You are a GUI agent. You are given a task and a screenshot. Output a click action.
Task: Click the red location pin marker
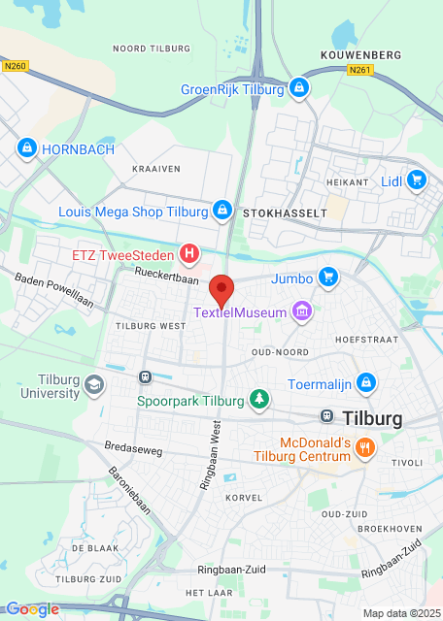(x=222, y=290)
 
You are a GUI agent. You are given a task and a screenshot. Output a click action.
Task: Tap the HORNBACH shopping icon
(x=26, y=148)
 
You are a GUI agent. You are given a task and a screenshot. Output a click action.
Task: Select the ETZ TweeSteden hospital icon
(x=190, y=255)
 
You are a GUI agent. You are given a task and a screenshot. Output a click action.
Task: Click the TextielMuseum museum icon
(x=303, y=311)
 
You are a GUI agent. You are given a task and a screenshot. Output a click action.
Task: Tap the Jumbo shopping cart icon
(x=328, y=278)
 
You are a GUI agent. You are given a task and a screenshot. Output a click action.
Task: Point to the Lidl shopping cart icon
(x=417, y=180)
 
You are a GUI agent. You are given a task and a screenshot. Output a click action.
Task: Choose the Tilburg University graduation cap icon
(x=94, y=384)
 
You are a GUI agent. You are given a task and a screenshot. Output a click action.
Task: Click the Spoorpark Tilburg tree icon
(x=257, y=398)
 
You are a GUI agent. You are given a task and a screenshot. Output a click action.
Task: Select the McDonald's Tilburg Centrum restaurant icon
(x=365, y=447)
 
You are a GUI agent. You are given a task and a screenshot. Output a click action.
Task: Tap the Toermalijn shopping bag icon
(x=365, y=383)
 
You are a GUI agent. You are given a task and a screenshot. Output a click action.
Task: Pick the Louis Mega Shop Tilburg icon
(x=222, y=211)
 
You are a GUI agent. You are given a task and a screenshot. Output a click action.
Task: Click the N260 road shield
(x=14, y=66)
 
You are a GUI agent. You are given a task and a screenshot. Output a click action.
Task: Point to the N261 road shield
(x=358, y=70)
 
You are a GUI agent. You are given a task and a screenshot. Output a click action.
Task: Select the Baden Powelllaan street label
(x=53, y=289)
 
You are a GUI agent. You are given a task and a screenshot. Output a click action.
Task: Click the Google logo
(x=32, y=609)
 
